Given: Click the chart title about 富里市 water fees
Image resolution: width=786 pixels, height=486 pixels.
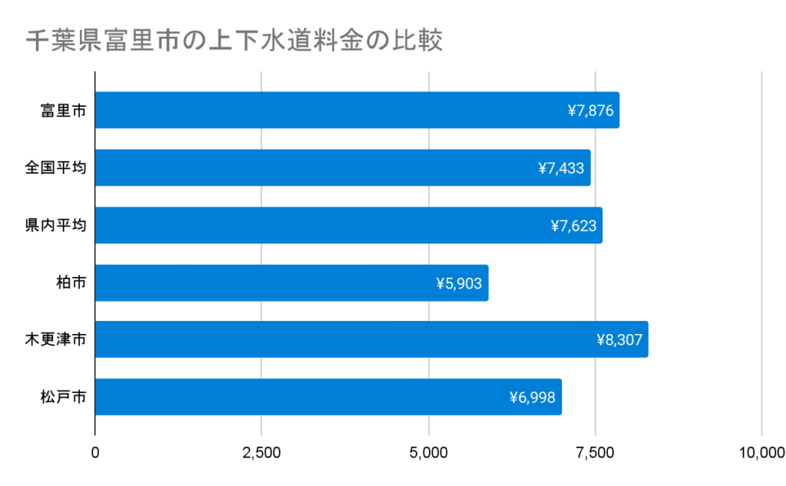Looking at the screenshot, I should pos(234,41).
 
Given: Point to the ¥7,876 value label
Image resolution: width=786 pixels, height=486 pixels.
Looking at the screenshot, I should pos(590,111).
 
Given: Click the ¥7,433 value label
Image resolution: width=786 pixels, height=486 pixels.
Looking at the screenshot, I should pos(562,168).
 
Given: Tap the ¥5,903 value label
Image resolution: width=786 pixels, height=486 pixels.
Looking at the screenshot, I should pos(459,283).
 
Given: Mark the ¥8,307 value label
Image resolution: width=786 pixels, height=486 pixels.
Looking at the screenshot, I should pos(619,340).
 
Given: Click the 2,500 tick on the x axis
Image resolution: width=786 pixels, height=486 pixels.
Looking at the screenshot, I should pos(262,452).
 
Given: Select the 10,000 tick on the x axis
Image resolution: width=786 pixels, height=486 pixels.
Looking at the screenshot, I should pos(761,452).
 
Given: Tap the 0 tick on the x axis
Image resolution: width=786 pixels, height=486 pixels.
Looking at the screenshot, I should pos(95,452).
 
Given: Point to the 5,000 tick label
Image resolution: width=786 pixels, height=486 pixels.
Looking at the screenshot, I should pos(428,452).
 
